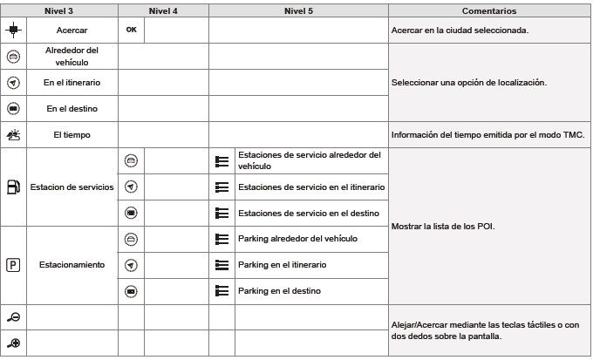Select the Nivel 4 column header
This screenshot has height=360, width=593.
pyautogui.click(x=163, y=11)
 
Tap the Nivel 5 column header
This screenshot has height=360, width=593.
pyautogui.click(x=300, y=11)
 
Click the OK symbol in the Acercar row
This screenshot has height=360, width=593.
pyautogui.click(x=132, y=29)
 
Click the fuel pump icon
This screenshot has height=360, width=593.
pyautogui.click(x=13, y=187)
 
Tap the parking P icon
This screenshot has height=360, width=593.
pyautogui.click(x=13, y=264)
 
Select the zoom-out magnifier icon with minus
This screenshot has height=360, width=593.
pyautogui.click(x=13, y=316)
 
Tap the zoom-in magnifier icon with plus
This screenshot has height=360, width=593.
pyautogui.click(x=13, y=343)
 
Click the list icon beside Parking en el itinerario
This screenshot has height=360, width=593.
pyautogui.click(x=222, y=264)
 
